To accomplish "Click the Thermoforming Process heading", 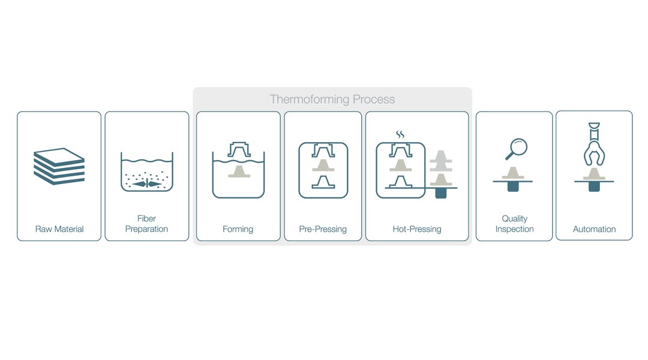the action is tap(332, 99).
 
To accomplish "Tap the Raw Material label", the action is tap(59, 229).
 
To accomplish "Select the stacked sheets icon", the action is tap(59, 166).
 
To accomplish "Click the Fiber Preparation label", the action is tap(147, 224).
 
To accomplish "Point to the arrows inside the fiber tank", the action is tap(147, 184).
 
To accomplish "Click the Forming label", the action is tap(238, 229).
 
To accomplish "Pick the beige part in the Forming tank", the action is tap(239, 172).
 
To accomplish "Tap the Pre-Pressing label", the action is tap(323, 229).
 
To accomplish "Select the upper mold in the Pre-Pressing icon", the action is tap(323, 151).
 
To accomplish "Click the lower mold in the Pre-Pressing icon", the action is tap(323, 182).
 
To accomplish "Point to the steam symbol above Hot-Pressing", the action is tap(400, 134).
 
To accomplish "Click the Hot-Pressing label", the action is tap(417, 229).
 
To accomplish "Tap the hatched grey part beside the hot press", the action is tap(441, 161).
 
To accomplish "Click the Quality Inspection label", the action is tap(515, 224).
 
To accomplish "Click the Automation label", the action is tap(594, 229).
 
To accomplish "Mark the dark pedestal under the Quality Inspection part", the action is tap(513, 187).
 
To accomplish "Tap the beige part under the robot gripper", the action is tap(594, 174).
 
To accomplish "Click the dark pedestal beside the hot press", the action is tap(441, 193).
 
